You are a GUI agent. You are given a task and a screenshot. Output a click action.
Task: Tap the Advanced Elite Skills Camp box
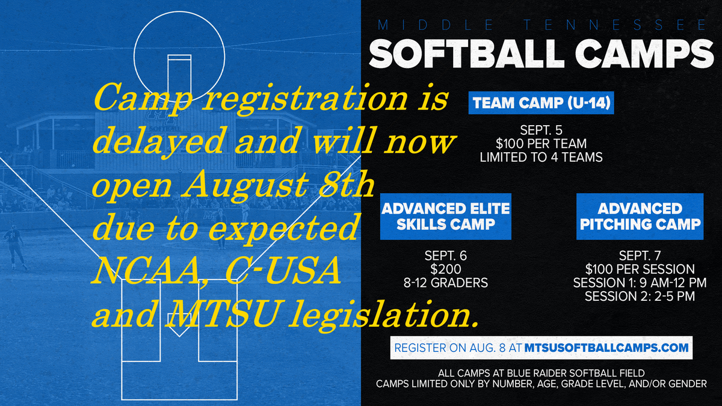click(445, 217)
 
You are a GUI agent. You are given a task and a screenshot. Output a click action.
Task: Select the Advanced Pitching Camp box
click(640, 217)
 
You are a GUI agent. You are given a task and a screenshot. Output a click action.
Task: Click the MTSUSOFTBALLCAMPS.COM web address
click(606, 348)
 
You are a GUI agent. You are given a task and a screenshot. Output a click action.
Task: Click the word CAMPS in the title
click(646, 54)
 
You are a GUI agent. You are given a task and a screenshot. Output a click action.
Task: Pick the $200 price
click(445, 269)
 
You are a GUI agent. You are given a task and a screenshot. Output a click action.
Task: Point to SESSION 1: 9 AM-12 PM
click(640, 282)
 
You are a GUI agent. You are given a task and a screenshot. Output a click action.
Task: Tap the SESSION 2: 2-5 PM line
click(640, 296)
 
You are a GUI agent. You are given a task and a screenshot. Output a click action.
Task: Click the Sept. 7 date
click(640, 256)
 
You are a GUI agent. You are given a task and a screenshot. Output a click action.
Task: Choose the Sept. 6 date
click(445, 256)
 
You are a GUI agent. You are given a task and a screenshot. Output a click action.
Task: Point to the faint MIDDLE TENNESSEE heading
click(541, 25)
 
